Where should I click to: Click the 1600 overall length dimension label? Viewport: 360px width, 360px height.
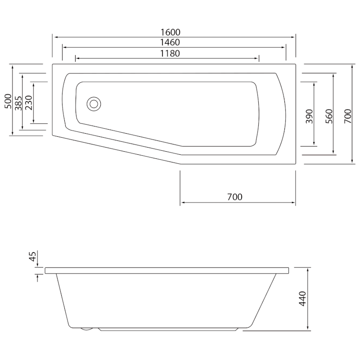[x=170, y=32]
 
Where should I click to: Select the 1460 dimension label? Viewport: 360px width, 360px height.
[x=170, y=42]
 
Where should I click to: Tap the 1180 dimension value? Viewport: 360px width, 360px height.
[x=170, y=54]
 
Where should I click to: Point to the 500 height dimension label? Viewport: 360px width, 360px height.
[x=8, y=101]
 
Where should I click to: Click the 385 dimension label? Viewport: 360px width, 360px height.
[x=18, y=103]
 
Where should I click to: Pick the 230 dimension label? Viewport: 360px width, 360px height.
[x=29, y=103]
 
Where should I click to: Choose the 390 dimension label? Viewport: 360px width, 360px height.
[x=309, y=117]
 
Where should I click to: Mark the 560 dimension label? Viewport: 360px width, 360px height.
[x=329, y=117]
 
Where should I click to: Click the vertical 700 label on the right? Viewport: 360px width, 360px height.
[x=348, y=117]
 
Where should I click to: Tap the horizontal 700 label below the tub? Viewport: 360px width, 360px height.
[x=234, y=197]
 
